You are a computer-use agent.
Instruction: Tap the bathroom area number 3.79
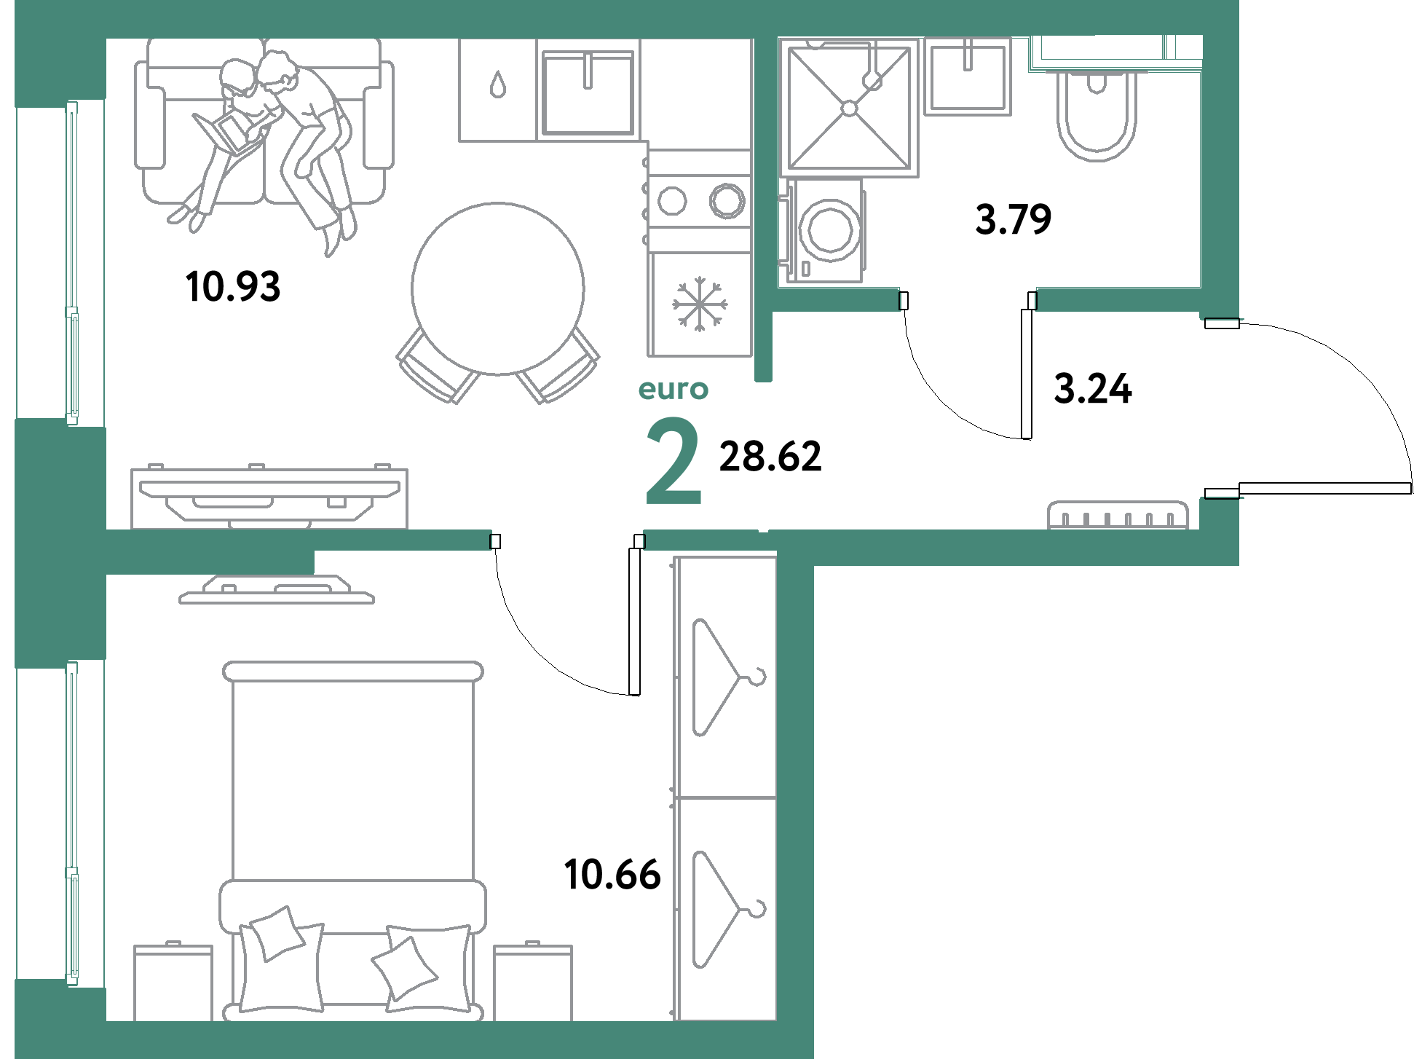pyautogui.click(x=1014, y=219)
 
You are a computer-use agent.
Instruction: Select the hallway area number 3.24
pyautogui.click(x=1093, y=389)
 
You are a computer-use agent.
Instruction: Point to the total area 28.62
pyautogui.click(x=770, y=457)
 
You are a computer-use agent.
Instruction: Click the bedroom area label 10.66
pyautogui.click(x=612, y=874)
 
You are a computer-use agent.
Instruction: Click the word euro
pyautogui.click(x=673, y=390)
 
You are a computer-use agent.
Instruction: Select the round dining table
pyautogui.click(x=498, y=288)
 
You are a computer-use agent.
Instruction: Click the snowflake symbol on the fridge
pyautogui.click(x=699, y=304)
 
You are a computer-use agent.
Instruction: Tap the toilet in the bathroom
pyautogui.click(x=1097, y=117)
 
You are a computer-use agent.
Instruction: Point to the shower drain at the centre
pyautogui.click(x=849, y=109)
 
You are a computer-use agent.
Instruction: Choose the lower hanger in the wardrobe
pyautogui.click(x=724, y=909)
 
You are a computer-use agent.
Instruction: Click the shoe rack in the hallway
pyautogui.click(x=1118, y=515)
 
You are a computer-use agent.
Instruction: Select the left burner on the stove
pyautogui.click(x=671, y=200)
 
